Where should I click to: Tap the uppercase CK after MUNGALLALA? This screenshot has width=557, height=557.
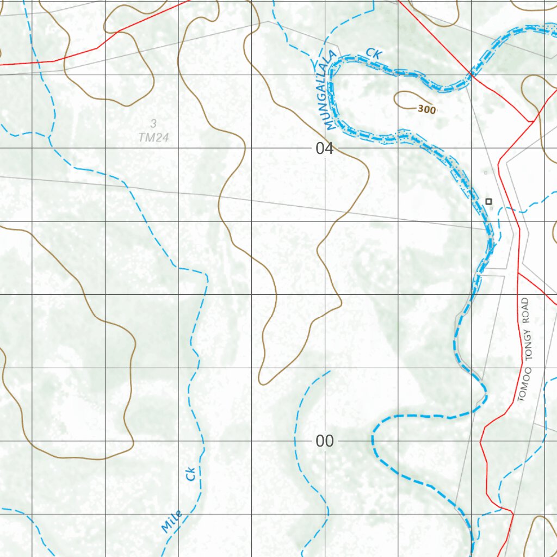pyautogui.click(x=374, y=53)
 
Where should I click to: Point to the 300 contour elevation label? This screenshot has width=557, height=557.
pyautogui.click(x=427, y=109)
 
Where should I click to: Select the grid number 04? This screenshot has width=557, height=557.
pyautogui.click(x=324, y=148)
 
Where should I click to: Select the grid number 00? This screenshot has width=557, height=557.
pyautogui.click(x=324, y=441)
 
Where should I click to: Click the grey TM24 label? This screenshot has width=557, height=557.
pyautogui.click(x=153, y=138)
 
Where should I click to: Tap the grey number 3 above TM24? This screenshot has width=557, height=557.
pyautogui.click(x=154, y=123)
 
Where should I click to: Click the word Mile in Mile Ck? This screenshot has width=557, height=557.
pyautogui.click(x=172, y=522)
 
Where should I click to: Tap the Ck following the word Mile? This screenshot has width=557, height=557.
pyautogui.click(x=190, y=474)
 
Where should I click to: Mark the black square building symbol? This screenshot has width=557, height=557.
pyautogui.click(x=488, y=202)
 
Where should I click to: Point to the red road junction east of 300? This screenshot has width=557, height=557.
pyautogui.click(x=530, y=121)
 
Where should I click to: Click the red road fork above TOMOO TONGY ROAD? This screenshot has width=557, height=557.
pyautogui.click(x=518, y=273)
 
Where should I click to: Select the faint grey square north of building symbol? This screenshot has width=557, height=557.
pyautogui.click(x=486, y=173)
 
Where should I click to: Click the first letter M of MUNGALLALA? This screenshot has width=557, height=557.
pyautogui.click(x=330, y=126)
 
